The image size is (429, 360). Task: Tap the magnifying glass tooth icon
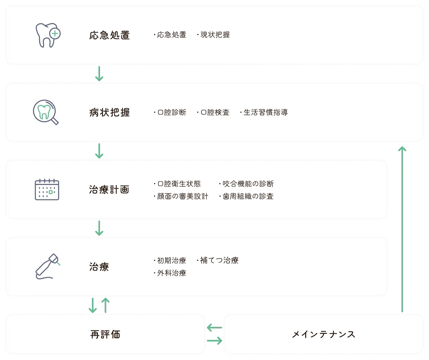pos(46,112)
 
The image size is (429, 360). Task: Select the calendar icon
pos(47,189)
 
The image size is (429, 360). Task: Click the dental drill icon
pos(47,266)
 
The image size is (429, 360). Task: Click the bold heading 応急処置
pos(110,35)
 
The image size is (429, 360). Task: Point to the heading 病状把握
pos(110,112)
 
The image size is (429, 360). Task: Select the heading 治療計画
pos(109,189)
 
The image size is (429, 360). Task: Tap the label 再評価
pos(105,334)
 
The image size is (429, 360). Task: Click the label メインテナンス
pos(324,334)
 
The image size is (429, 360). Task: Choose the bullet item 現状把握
pos(215,35)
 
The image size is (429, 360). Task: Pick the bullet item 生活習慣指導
pos(265,112)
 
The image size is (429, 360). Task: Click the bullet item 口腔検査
pos(215,112)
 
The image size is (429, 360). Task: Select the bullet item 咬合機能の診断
pos(248,184)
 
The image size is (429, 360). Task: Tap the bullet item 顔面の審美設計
pos(183,196)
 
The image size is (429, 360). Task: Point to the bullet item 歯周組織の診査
pos(248,196)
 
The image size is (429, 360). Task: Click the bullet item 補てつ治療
pos(219,260)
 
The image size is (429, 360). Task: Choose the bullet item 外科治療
pos(171,273)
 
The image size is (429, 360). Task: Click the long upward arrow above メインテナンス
pos(402,229)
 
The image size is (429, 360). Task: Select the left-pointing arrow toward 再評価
pos(215,328)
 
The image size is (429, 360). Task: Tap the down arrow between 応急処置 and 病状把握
pos(99,73)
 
